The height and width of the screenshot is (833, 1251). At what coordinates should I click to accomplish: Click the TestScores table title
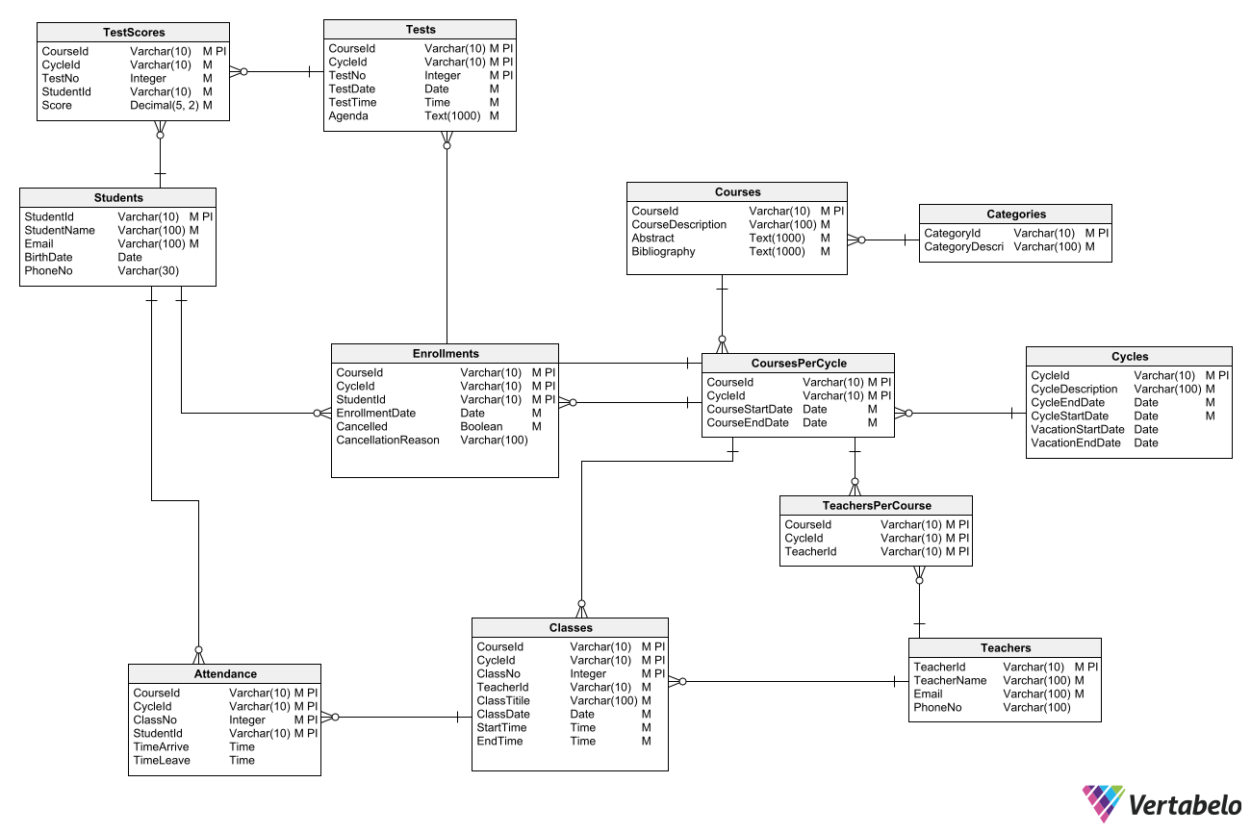(x=134, y=33)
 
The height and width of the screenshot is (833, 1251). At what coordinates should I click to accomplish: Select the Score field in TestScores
(x=57, y=106)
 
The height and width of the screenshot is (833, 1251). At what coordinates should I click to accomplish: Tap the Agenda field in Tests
(x=348, y=116)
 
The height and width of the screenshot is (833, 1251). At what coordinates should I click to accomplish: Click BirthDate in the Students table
(x=48, y=258)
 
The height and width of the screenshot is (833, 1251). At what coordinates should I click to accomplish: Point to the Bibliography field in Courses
(x=663, y=252)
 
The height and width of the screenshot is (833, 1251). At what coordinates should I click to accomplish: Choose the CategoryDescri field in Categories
(x=963, y=247)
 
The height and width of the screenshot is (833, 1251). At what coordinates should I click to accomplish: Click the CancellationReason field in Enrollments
(x=388, y=441)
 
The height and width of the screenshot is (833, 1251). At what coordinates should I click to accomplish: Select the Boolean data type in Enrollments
(x=480, y=427)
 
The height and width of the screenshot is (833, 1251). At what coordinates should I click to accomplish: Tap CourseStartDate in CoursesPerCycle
(x=750, y=410)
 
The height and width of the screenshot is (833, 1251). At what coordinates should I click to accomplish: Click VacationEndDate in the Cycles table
(x=1076, y=443)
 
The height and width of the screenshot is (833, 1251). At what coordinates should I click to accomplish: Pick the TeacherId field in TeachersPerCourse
(x=810, y=552)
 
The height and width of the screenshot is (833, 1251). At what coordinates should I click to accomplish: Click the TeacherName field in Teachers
(x=950, y=681)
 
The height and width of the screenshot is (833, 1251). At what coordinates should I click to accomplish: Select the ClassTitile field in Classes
(x=503, y=701)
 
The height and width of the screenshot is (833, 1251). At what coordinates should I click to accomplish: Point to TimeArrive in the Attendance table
(x=161, y=747)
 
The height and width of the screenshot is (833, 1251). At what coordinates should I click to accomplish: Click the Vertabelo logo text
(x=1184, y=804)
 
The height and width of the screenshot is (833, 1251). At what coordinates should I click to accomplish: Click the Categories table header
(x=1015, y=215)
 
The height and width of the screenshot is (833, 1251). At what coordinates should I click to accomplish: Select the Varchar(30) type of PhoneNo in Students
(x=148, y=271)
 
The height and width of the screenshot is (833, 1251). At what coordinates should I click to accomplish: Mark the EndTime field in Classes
(x=499, y=742)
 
